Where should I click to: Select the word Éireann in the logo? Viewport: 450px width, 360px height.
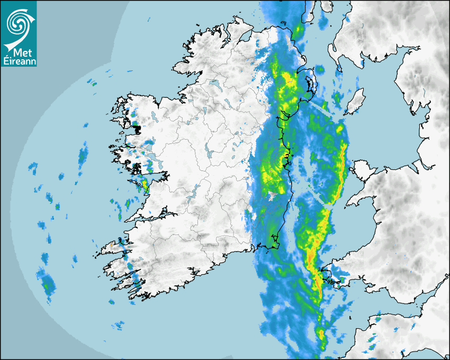click(x=19, y=61)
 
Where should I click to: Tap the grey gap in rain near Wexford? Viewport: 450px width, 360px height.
click(x=272, y=197)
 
